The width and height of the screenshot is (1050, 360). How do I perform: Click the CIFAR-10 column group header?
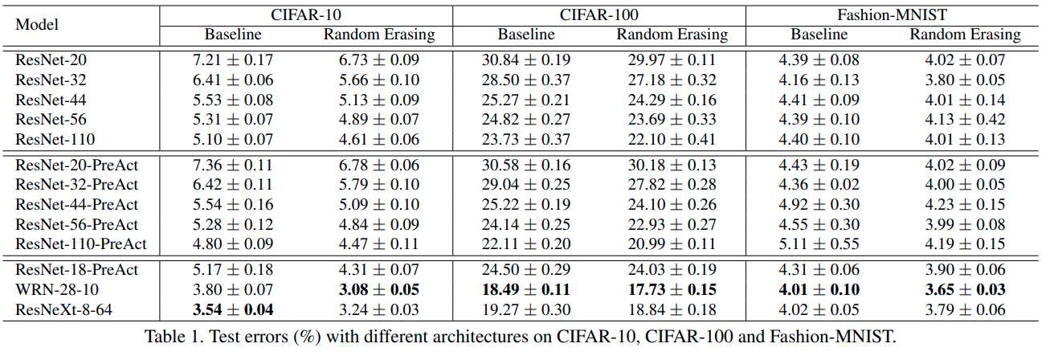pyautogui.click(x=305, y=15)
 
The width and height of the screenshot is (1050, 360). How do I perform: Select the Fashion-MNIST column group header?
pyautogui.click(x=892, y=15)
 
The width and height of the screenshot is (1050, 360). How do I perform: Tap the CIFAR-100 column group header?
pyautogui.click(x=599, y=15)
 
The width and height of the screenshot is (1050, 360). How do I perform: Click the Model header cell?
pyautogui.click(x=36, y=24)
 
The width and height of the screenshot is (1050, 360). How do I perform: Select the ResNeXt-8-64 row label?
pyautogui.click(x=59, y=309)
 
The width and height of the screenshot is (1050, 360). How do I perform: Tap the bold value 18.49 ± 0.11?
pyautogui.click(x=526, y=289)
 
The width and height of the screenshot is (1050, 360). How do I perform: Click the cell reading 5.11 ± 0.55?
pyautogui.click(x=819, y=243)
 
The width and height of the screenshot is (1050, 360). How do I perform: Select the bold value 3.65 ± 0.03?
pyautogui.click(x=965, y=289)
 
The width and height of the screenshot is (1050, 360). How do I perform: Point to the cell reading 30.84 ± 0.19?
pyautogui.click(x=526, y=59)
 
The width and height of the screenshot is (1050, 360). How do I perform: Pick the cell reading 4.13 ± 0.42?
pyautogui.click(x=965, y=120)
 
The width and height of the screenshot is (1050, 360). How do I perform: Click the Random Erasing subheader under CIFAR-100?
pyautogui.click(x=672, y=35)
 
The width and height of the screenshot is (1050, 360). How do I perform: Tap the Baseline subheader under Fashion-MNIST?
pyautogui.click(x=819, y=35)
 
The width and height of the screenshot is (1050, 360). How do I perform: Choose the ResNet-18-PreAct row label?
pyautogui.click(x=76, y=269)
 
